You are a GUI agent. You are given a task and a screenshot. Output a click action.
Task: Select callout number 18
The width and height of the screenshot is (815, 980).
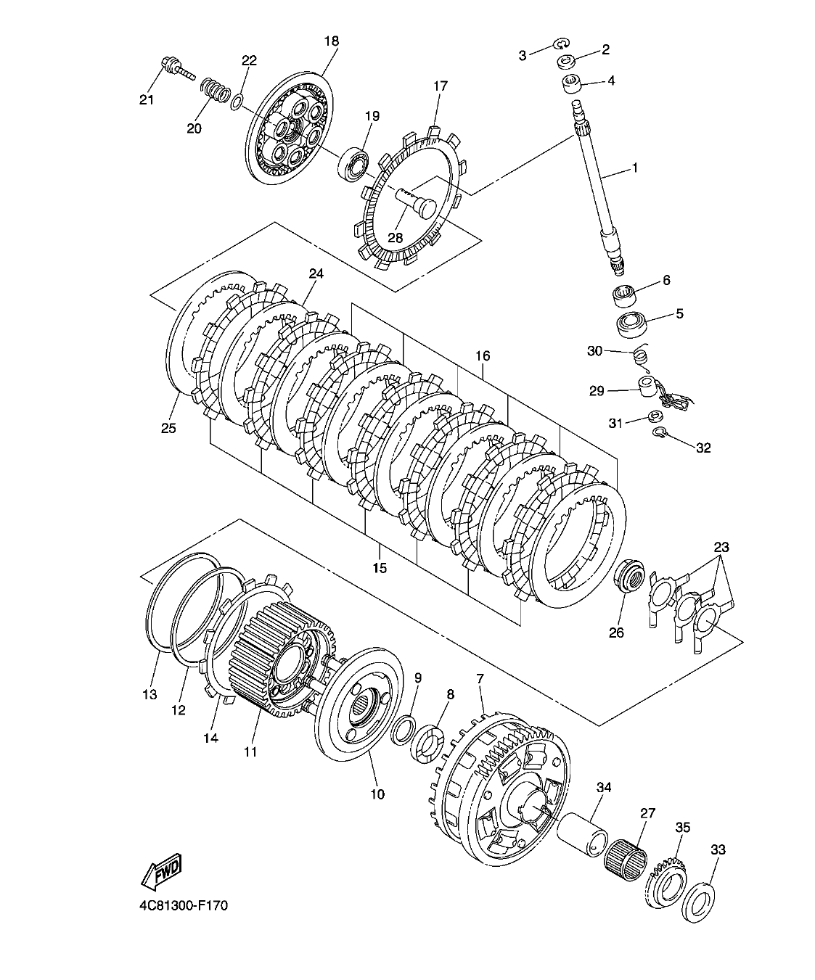(x=331, y=41)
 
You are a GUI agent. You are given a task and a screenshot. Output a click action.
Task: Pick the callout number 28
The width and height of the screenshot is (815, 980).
(x=395, y=238)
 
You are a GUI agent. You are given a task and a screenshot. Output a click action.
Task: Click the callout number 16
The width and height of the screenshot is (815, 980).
(x=483, y=355)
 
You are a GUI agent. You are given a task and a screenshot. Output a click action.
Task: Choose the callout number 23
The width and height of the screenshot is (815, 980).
(x=721, y=547)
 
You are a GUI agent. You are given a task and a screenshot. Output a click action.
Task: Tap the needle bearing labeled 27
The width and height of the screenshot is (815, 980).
(x=625, y=855)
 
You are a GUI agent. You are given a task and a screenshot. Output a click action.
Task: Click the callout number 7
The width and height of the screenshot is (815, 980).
(x=480, y=679)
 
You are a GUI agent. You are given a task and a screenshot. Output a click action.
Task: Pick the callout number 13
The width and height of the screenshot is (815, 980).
(x=149, y=695)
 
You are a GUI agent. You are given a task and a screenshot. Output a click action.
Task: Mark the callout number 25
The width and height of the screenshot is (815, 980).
(x=168, y=428)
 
